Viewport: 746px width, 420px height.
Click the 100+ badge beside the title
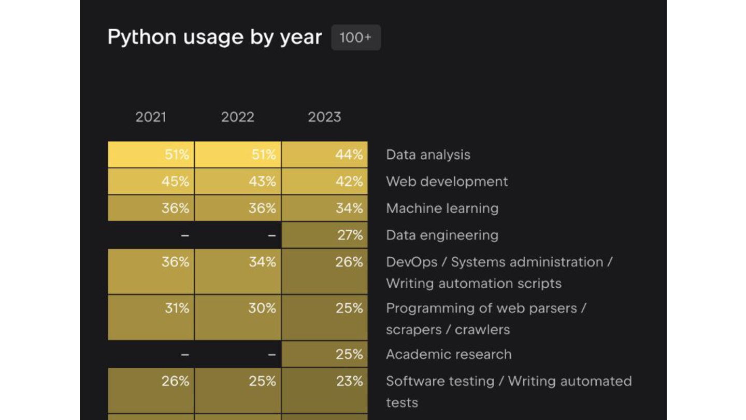click(356, 37)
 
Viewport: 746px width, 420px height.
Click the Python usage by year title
click(214, 37)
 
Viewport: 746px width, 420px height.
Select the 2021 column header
click(151, 117)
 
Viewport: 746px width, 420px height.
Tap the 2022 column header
click(238, 117)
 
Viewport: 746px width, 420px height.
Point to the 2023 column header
click(324, 117)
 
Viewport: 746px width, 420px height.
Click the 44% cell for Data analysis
click(325, 155)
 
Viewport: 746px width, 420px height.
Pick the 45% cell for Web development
click(151, 181)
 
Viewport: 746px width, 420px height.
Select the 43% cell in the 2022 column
click(238, 181)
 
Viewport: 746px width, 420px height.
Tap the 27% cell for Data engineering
click(325, 235)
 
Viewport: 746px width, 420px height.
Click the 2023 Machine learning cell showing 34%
click(325, 208)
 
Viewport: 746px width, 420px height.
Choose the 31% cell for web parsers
click(151, 317)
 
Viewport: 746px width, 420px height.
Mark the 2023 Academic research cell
click(325, 354)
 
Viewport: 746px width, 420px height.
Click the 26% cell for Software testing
click(151, 390)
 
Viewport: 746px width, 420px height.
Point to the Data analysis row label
click(428, 155)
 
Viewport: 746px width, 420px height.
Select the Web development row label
click(447, 181)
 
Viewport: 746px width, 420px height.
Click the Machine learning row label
click(442, 208)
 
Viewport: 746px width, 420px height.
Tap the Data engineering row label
click(442, 235)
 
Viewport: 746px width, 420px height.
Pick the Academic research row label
click(449, 354)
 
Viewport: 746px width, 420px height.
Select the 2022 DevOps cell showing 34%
click(238, 271)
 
